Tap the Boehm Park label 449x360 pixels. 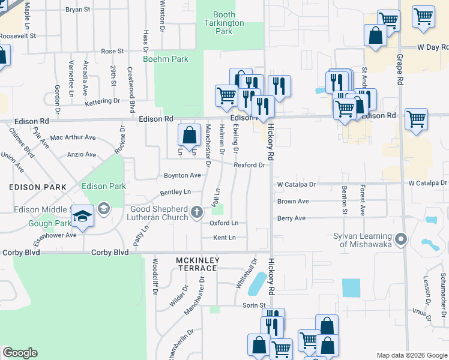tap(166, 59)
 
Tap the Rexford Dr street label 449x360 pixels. tap(249, 164)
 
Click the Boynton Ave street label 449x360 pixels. tap(182, 175)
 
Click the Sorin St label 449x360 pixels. tap(254, 305)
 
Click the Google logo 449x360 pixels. tap(20, 353)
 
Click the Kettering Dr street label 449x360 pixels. tap(103, 101)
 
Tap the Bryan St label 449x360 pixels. tap(77, 10)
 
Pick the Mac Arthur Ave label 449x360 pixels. tap(73, 137)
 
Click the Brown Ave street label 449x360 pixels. tap(293, 202)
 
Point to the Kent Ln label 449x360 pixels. tap(224, 238)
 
